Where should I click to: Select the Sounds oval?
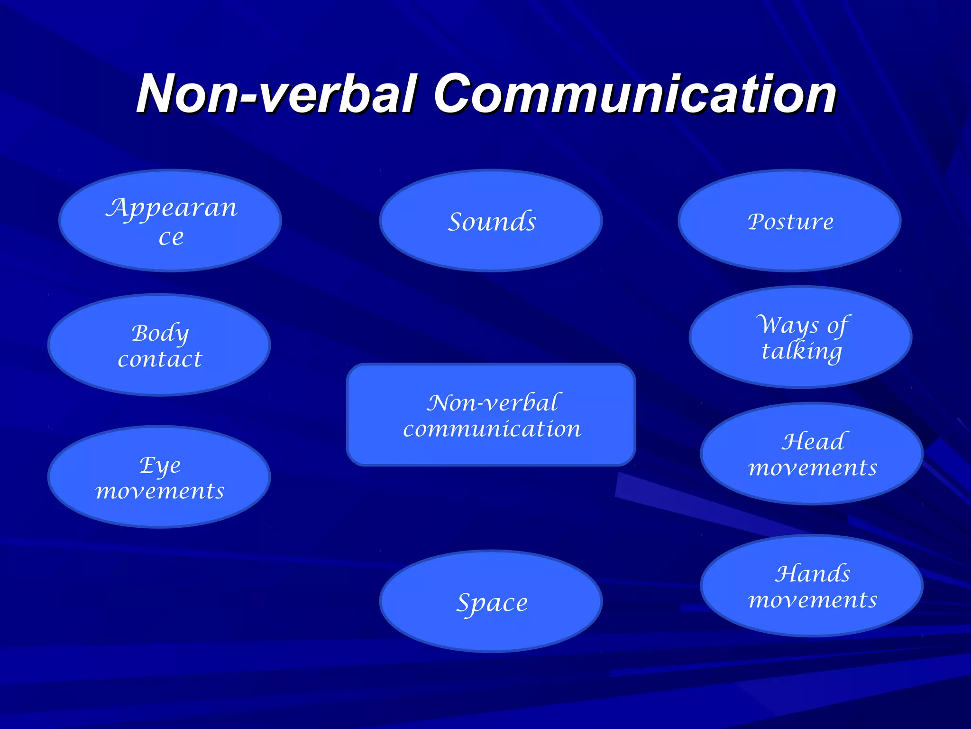pos(491,221)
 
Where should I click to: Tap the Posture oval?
pos(790,221)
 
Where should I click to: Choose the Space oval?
pos(491,602)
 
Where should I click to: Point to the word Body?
pos(160,333)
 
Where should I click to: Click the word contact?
pos(160,359)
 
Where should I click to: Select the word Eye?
pos(160,466)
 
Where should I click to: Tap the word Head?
pos(813,441)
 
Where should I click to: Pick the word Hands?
pos(813,573)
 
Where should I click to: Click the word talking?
pos(801,352)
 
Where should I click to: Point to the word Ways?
pos(787,325)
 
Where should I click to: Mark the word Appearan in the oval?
pos(171,208)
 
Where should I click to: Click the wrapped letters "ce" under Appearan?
pos(171,237)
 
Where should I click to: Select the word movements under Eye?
pos(160,491)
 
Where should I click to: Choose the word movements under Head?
pos(813,468)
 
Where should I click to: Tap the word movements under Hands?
pos(813,600)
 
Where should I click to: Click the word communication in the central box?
pos(492,429)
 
